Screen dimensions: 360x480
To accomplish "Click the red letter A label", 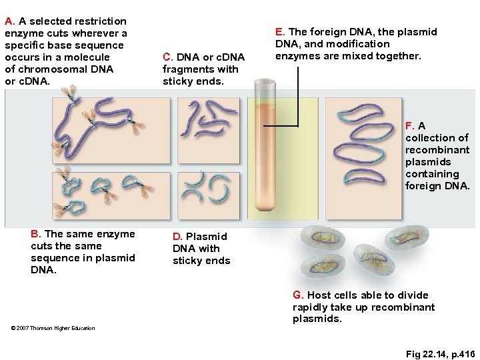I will [9, 21].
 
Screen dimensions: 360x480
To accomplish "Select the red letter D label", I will [177, 237].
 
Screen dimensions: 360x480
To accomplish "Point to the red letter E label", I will [279, 32].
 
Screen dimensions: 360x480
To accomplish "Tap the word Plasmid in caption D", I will [207, 237].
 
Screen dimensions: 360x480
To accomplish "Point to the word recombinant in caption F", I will [437, 150].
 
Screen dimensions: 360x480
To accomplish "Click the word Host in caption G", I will [319, 295].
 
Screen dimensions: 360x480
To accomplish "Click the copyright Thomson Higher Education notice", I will [53, 328].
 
